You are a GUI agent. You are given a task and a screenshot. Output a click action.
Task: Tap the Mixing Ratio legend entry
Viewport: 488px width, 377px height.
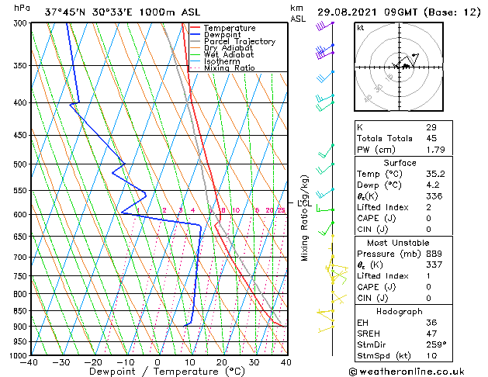click(x=230, y=68)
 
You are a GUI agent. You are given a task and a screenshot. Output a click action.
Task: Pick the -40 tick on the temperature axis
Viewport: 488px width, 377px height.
click(x=29, y=362)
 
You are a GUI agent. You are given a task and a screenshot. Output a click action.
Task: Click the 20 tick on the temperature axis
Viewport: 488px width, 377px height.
click(x=221, y=362)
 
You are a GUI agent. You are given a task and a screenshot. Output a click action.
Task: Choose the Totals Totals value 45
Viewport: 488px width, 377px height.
click(x=431, y=139)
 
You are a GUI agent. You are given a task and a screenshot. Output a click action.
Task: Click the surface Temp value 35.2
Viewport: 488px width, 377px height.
click(x=435, y=174)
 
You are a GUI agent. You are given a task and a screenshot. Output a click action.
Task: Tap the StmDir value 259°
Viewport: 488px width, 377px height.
click(x=435, y=344)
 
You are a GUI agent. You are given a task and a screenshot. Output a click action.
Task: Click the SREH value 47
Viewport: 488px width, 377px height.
click(x=431, y=333)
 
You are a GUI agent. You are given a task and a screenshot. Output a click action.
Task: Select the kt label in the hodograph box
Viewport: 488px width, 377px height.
click(x=361, y=27)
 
